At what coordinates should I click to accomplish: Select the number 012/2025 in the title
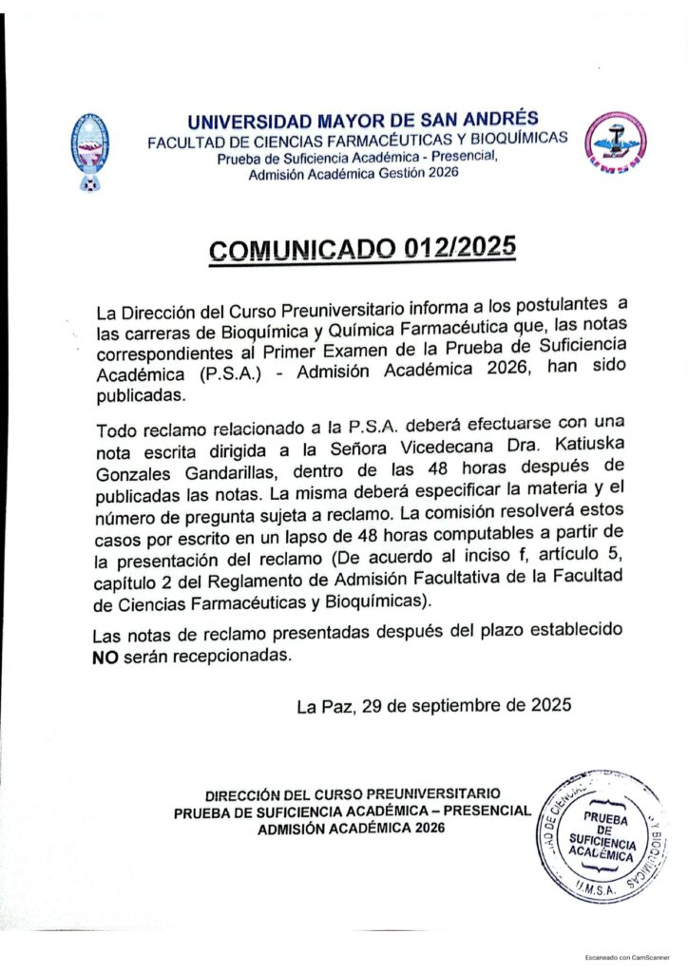point(460,247)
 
